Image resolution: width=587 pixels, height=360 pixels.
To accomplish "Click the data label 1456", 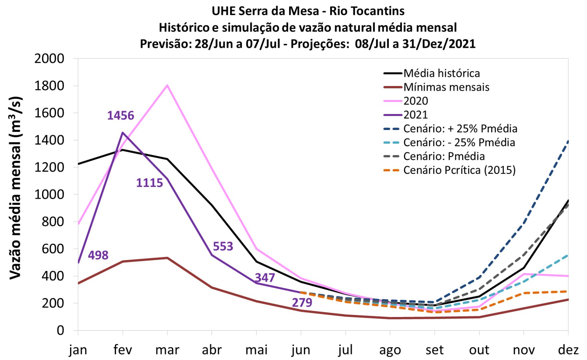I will pos(120,116).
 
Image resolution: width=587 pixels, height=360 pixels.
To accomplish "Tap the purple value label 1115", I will pos(149,183).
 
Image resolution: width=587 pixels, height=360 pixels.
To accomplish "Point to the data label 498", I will pos(98,255).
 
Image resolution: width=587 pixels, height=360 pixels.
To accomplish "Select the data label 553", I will pos(223,247).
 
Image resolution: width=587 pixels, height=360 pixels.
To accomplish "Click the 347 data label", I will pos(265,278).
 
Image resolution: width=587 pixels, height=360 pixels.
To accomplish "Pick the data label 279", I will pos(302,303).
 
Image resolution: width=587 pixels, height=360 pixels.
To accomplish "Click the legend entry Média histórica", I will pos(442,73).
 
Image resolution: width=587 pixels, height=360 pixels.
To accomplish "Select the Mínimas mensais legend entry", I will pos(446,87).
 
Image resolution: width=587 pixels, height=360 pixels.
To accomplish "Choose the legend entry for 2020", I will pos(416,101).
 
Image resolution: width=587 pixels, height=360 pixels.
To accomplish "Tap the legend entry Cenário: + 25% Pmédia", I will pos(460,129).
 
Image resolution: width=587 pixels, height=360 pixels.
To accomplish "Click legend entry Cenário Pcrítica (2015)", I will pos(459,170).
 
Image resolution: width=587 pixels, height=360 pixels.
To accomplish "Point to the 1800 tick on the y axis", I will pos(49,86).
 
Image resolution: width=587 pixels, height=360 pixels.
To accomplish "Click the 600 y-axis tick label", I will pos(53,249).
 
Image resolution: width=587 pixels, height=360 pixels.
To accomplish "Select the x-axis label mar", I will pos(167,350).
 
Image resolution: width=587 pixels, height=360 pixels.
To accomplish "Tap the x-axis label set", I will pos(435,350).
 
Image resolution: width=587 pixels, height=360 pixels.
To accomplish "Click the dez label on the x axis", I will pos(568,350).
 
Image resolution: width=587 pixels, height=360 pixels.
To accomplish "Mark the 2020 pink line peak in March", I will pos(167,85).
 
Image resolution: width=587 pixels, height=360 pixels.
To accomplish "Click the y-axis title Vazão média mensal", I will pos(15,188).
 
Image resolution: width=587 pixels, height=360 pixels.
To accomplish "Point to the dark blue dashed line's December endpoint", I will pos(568,141).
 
